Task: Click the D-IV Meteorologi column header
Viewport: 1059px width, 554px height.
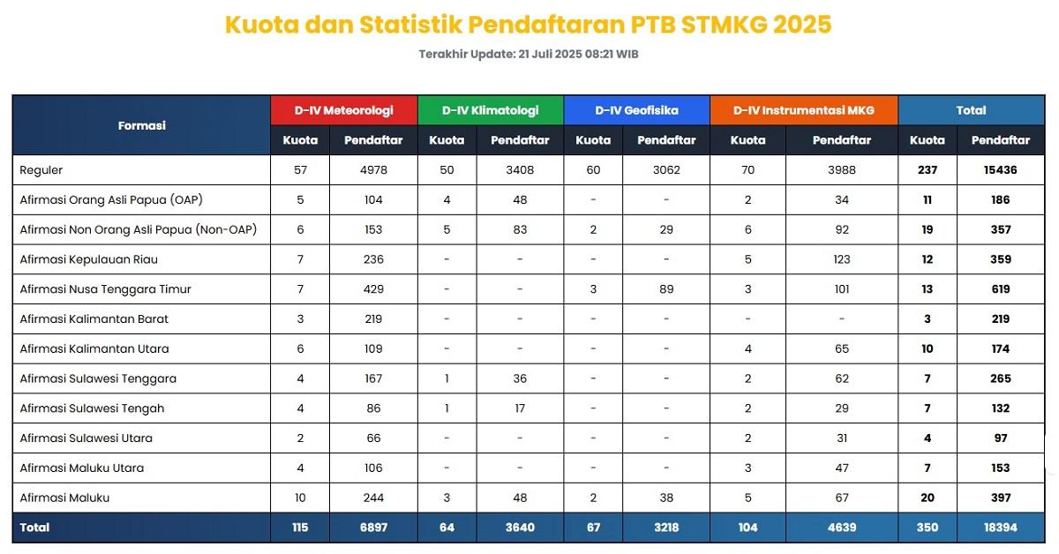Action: click(x=343, y=110)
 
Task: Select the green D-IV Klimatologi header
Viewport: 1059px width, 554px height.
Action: click(x=490, y=110)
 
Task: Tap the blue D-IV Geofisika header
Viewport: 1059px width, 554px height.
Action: click(x=636, y=110)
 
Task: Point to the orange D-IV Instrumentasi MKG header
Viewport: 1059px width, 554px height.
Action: click(x=804, y=110)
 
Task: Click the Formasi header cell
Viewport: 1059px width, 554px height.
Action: click(x=141, y=125)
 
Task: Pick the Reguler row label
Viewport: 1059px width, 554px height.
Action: click(x=41, y=170)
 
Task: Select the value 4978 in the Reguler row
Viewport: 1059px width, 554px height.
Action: click(x=373, y=170)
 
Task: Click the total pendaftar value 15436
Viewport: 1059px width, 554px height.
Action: click(x=1000, y=170)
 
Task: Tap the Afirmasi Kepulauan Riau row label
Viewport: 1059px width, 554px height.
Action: click(x=89, y=259)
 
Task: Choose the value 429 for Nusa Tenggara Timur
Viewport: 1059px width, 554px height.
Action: click(x=373, y=289)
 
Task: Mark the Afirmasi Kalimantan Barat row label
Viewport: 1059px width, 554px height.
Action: click(x=94, y=318)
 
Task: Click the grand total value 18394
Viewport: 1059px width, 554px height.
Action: click(x=1000, y=528)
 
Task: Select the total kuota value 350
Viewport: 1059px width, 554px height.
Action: click(x=927, y=528)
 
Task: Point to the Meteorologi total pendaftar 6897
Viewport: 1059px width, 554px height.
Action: click(x=373, y=528)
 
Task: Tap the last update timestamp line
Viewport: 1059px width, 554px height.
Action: click(x=529, y=54)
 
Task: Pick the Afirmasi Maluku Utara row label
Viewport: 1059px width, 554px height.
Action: click(x=82, y=468)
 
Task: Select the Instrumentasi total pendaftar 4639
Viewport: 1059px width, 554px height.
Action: click(x=842, y=528)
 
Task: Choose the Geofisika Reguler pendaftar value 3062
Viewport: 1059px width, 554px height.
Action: click(x=666, y=170)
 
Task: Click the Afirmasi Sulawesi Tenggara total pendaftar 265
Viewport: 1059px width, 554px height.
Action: click(x=1000, y=378)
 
